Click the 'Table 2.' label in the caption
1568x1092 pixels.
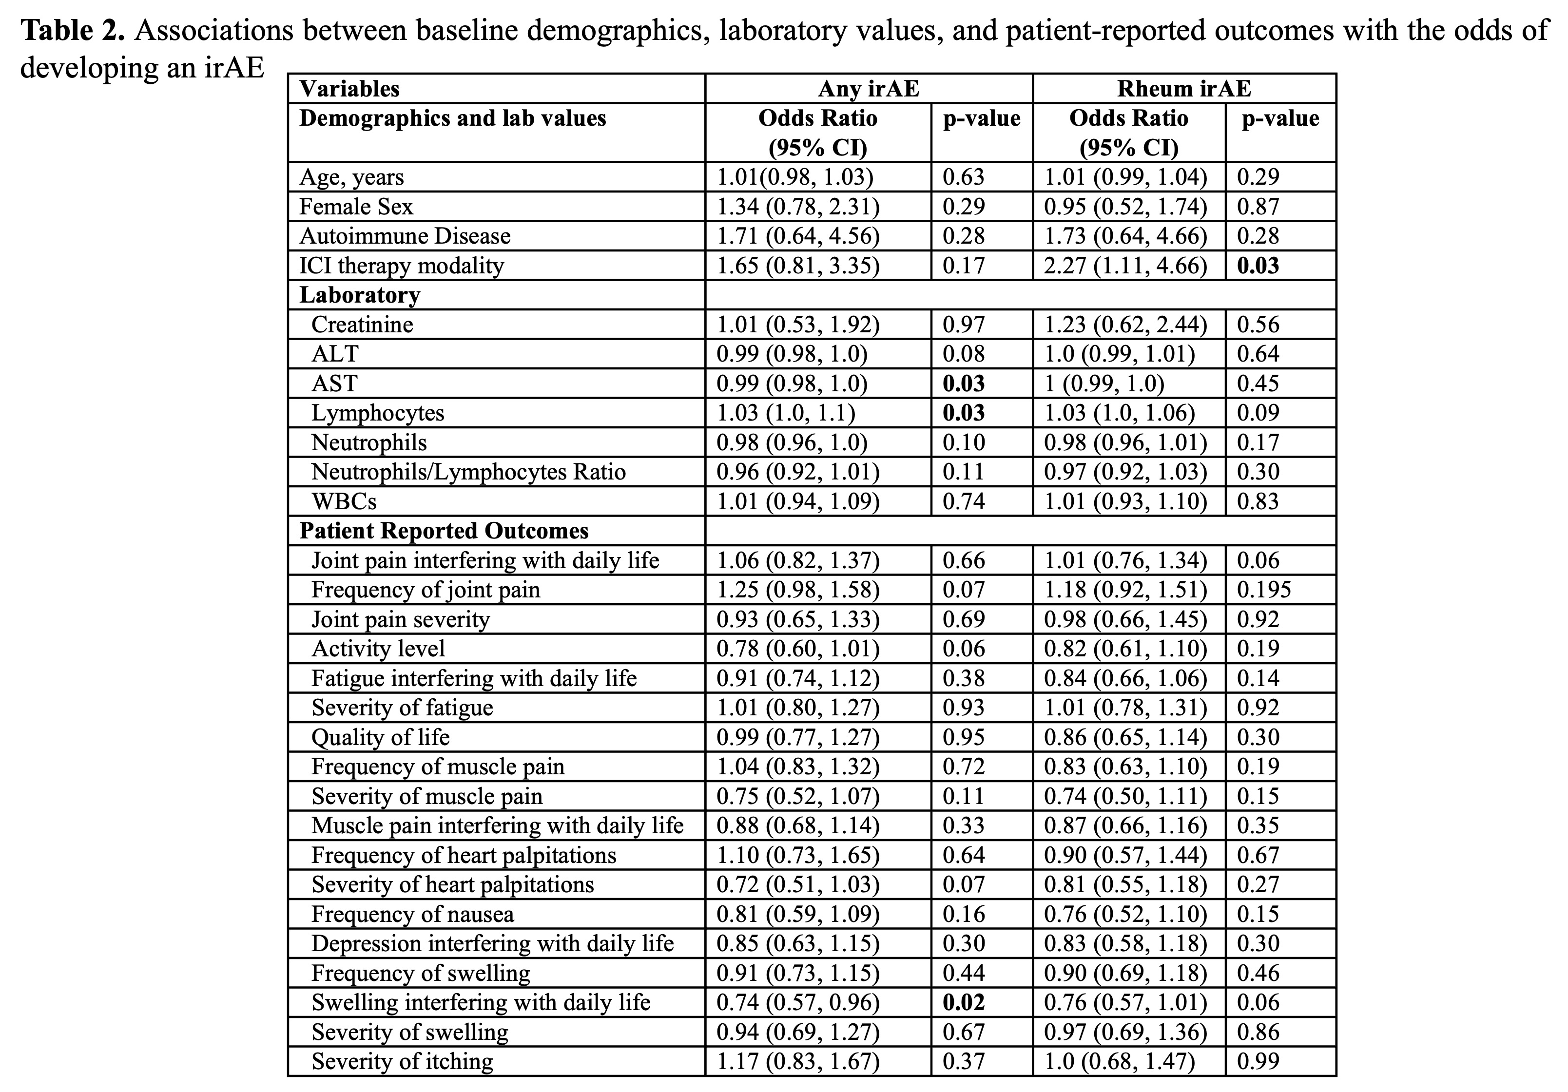(x=73, y=31)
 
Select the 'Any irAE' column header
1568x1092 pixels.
(x=868, y=89)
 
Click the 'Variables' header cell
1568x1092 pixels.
(x=349, y=89)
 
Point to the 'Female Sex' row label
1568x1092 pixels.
(x=356, y=206)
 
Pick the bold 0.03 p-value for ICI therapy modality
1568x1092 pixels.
(x=1258, y=265)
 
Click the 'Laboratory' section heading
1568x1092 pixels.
(x=360, y=295)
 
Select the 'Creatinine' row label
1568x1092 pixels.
(x=362, y=325)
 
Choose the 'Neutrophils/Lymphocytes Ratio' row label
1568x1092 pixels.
(x=468, y=472)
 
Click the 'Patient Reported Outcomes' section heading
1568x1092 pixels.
(x=444, y=531)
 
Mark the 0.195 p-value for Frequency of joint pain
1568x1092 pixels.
(x=1264, y=589)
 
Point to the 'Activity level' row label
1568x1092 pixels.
(x=378, y=648)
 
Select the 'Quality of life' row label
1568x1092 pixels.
(x=380, y=737)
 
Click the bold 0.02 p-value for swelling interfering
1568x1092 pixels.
(x=964, y=1002)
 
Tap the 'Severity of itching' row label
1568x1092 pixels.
(x=402, y=1061)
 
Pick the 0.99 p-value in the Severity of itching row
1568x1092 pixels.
(x=1258, y=1061)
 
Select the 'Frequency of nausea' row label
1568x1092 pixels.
(x=412, y=914)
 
